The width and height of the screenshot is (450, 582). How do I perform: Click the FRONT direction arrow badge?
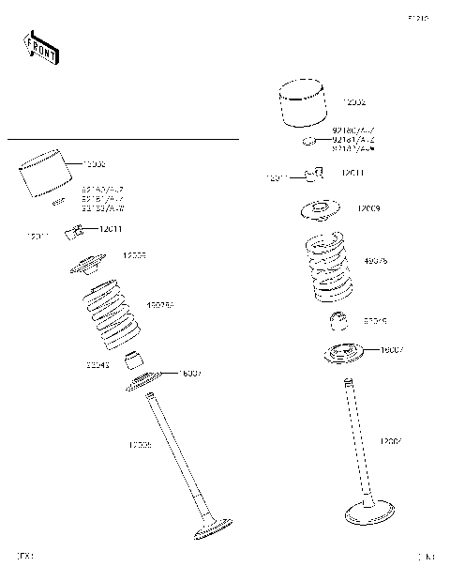pos(41,47)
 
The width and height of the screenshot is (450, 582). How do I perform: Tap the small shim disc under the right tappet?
pos(307,142)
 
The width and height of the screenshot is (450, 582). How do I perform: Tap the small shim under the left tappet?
pos(58,201)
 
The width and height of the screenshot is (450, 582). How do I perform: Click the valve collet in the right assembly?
pos(316,173)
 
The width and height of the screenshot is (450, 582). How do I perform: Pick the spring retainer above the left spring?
pos(90,266)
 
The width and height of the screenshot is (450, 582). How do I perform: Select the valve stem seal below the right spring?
pos(342,321)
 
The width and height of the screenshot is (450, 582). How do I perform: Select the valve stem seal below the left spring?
pos(137,359)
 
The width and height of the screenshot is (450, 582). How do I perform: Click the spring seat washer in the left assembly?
pos(145,379)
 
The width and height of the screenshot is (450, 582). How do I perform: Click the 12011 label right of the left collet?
pos(112,229)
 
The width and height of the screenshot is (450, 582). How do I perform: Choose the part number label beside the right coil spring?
pos(376,261)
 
